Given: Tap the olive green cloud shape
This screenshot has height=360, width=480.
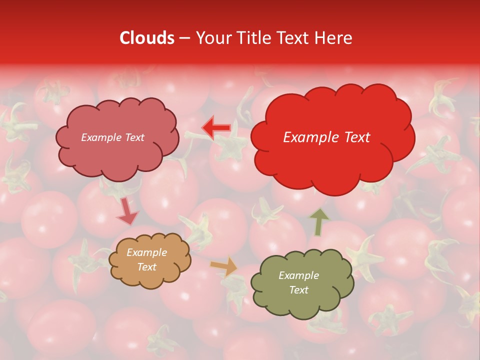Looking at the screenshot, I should (302, 305).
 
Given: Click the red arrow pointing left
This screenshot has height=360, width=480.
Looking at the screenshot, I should (216, 127).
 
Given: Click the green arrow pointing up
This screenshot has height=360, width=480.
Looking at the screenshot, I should (319, 222).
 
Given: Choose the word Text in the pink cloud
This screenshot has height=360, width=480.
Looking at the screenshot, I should (134, 137).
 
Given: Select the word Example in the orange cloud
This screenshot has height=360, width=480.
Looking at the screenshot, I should (146, 252).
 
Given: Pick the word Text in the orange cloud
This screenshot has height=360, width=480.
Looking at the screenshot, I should (146, 267).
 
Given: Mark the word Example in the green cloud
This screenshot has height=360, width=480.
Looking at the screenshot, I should (298, 275).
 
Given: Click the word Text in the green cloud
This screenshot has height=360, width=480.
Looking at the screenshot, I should (298, 290).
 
